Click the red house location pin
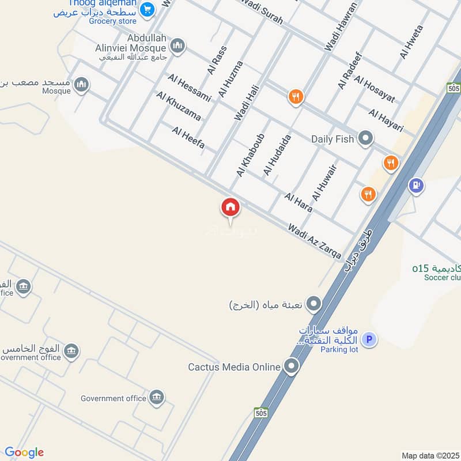click(x=231, y=207)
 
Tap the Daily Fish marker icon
click(x=365, y=138)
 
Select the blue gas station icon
click(x=416, y=186)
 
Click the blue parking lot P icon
click(x=369, y=339)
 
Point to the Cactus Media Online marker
click(x=292, y=366)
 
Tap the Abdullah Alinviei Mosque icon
click(x=177, y=46)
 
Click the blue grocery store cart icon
click(x=148, y=9)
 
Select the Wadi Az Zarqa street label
click(x=315, y=241)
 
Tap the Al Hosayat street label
click(x=375, y=89)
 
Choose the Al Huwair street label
click(x=324, y=182)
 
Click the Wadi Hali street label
click(x=247, y=103)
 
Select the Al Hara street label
click(x=298, y=202)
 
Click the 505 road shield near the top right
click(x=454, y=88)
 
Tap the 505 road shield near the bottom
click(x=261, y=413)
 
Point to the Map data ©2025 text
click(x=429, y=455)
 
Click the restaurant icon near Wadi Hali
click(x=296, y=97)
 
